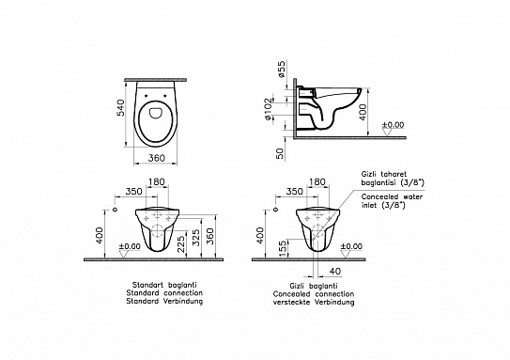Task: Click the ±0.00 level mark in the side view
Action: click(x=395, y=125)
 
